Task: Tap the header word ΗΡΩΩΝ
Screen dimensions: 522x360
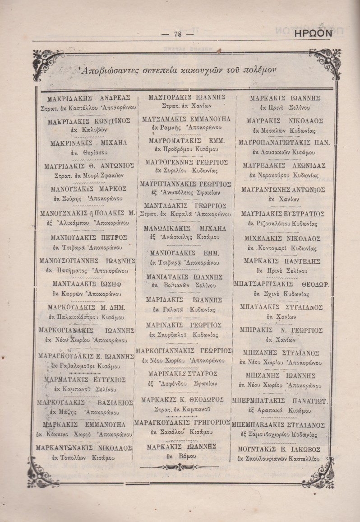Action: click(x=313, y=33)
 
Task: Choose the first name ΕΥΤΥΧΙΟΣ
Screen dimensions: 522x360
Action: click(x=108, y=379)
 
